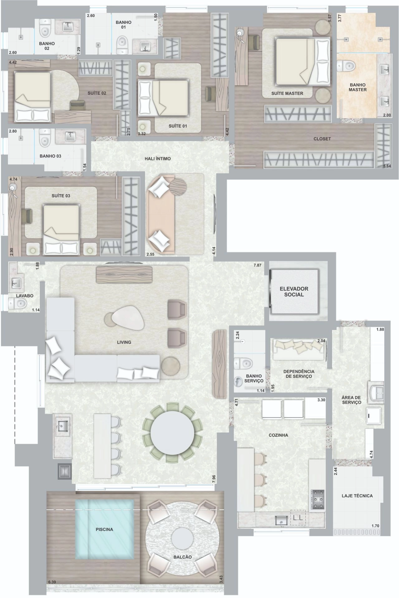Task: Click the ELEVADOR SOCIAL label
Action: [x=294, y=292]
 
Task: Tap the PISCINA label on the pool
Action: [x=104, y=529]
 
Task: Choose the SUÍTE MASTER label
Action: [x=287, y=93]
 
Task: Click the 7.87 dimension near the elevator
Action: [x=257, y=265]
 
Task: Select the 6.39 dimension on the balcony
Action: [x=52, y=582]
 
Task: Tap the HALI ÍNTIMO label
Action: [x=158, y=159]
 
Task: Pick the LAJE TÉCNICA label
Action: [x=357, y=495]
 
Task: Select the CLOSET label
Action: [x=322, y=139]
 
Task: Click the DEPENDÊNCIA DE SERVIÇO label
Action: [x=299, y=374]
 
